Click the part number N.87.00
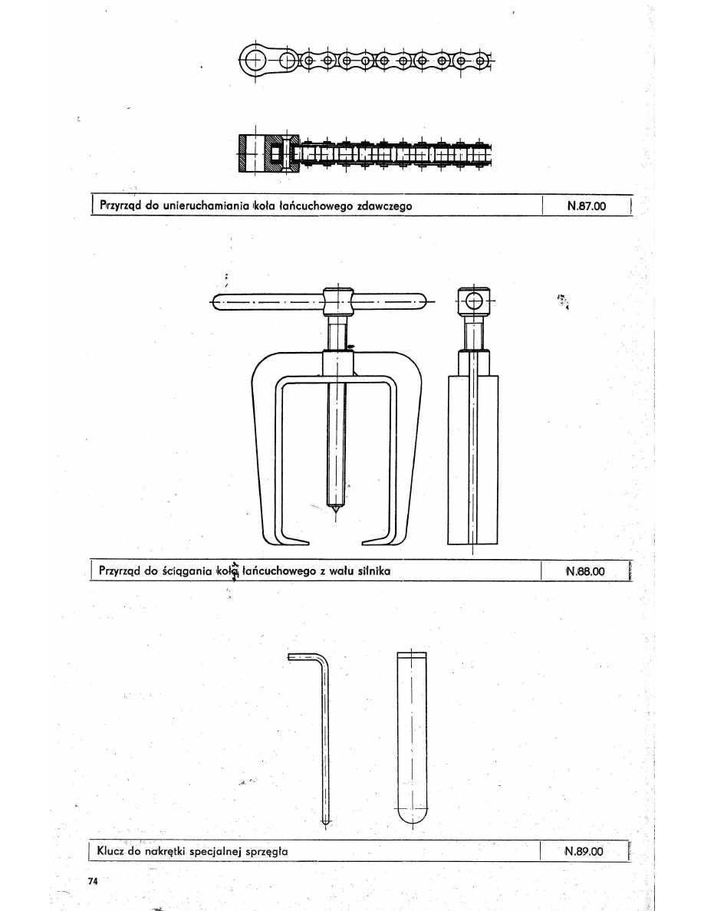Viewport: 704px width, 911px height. pyautogui.click(x=586, y=206)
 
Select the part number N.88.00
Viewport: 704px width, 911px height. pyautogui.click(x=585, y=571)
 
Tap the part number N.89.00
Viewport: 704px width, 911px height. pyautogui.click(x=584, y=851)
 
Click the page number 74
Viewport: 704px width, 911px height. pyautogui.click(x=93, y=881)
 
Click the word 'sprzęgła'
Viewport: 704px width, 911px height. pyautogui.click(x=267, y=852)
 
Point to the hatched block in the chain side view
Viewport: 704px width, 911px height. pyautogui.click(x=268, y=153)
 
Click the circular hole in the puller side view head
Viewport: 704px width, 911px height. pyautogui.click(x=474, y=301)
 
